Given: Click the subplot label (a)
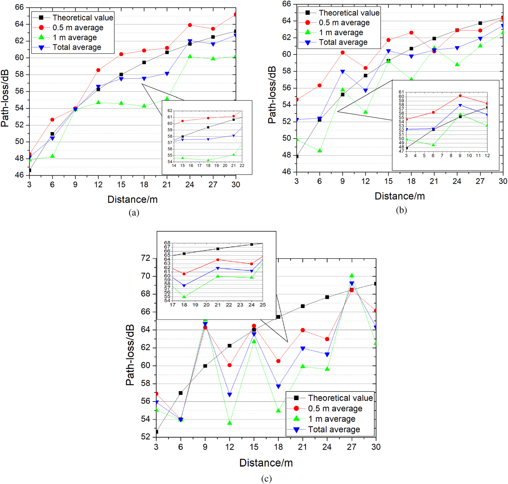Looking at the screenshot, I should coord(134,213).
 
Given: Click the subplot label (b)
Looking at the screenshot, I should coord(401,210).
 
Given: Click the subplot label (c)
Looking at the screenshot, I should coord(266,479).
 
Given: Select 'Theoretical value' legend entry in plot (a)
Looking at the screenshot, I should coord(82,18).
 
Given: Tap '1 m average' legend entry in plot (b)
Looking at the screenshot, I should coord(341,33).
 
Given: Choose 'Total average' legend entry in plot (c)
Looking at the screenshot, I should coord(334,430).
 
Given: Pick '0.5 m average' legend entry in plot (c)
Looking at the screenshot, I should coord(335,409).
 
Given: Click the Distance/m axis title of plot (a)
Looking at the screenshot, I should coord(132,200).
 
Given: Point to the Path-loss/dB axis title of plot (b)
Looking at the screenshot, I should coord(272,95).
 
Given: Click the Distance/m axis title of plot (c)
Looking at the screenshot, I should coord(266,463).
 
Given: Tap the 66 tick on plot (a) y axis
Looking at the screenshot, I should coord(19,7).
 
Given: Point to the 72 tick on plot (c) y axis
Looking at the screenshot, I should coord(146,258).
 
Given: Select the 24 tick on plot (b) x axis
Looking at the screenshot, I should coord(457,181).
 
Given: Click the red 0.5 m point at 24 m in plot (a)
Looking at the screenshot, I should coord(190,25).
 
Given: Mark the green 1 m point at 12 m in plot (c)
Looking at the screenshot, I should coord(229,423).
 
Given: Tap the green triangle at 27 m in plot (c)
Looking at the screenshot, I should coord(352,276).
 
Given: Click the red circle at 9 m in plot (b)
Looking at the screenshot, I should coord(343,53).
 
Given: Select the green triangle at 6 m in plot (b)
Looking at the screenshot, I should coord(320,150).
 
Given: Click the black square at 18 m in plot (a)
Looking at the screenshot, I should coord(144,62).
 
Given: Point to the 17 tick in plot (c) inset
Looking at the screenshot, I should coord(173,305).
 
